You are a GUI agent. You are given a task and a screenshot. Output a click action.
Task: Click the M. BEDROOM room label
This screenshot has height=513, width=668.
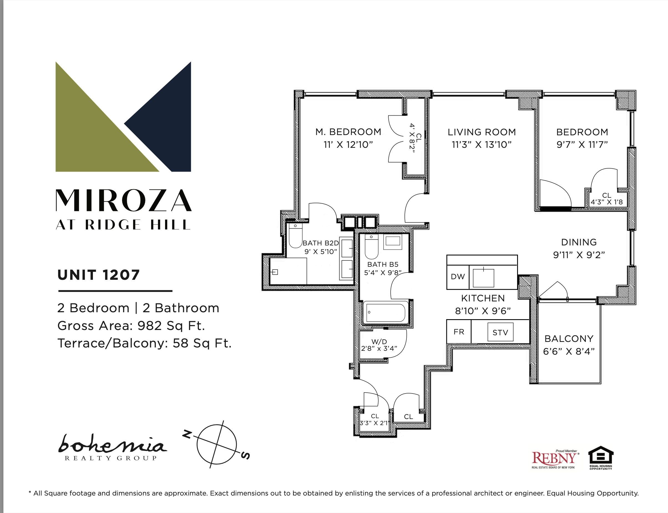click(x=348, y=132)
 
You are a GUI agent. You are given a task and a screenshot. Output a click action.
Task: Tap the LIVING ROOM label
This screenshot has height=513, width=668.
click(x=482, y=132)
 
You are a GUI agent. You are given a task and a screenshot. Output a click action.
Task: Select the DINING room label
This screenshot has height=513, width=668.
click(x=579, y=242)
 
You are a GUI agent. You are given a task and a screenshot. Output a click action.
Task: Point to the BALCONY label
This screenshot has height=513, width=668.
click(x=569, y=339)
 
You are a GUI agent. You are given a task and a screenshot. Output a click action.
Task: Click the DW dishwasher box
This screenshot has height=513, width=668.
click(x=457, y=277)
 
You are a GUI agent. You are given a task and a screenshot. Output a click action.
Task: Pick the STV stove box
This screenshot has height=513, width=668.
click(x=500, y=332)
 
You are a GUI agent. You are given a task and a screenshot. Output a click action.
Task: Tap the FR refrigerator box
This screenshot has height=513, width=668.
click(x=459, y=332)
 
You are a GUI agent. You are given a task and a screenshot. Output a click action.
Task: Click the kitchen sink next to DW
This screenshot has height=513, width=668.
click(x=483, y=278)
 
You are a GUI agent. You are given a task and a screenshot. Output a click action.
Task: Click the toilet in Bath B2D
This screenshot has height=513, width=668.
click(x=295, y=235)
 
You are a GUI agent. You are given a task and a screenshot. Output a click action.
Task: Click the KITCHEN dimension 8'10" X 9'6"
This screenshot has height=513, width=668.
click(x=483, y=311)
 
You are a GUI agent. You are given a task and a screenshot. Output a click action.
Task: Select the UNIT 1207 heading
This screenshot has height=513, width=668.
click(x=99, y=275)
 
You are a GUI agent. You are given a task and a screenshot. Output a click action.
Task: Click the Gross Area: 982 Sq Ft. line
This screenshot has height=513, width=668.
click(x=131, y=326)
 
